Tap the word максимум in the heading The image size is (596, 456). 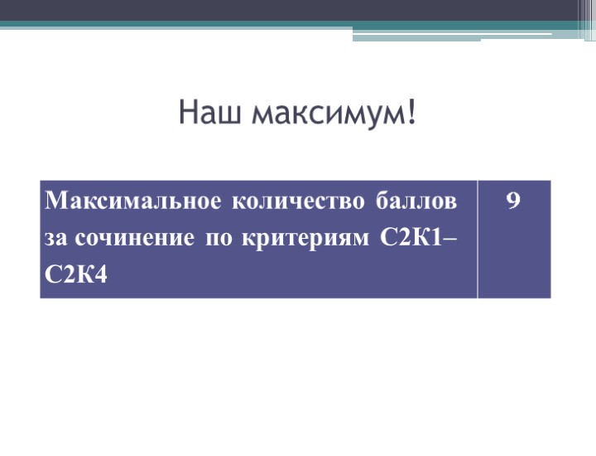tap(324, 114)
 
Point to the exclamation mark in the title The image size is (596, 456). tap(411, 113)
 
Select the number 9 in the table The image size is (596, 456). tap(513, 201)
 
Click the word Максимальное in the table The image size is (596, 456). tap(133, 201)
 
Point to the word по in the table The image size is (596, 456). tap(219, 239)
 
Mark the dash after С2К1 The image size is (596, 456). tap(451, 240)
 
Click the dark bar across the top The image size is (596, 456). tap(298, 10)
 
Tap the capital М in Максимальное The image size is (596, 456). tap(57, 201)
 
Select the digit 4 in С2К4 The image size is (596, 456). tap(102, 275)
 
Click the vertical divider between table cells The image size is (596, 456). tap(478, 239)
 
